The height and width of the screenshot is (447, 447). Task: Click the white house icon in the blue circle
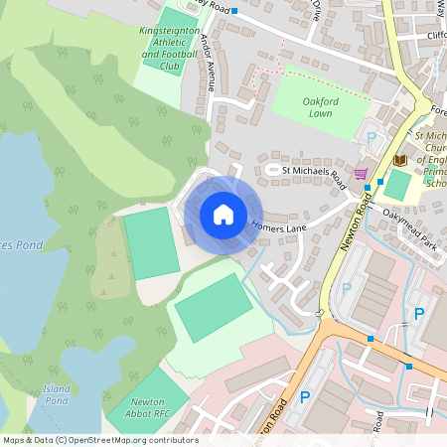(223, 215)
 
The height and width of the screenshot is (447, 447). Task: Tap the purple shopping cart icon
(361, 173)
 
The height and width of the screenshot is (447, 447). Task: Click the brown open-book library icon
(400, 159)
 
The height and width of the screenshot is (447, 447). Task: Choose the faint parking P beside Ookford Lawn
(372, 138)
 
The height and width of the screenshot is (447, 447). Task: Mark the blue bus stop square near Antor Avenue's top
(234, 10)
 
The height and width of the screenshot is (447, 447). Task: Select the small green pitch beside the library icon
(396, 184)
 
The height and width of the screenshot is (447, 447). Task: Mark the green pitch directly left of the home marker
(151, 242)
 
